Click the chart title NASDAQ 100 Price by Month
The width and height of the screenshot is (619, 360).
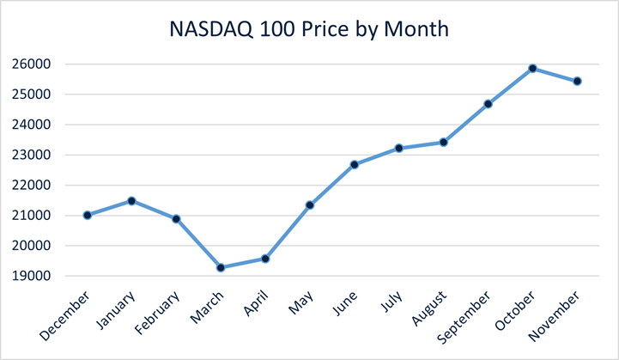309,29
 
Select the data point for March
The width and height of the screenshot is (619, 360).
221,268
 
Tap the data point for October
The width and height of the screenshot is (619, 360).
533,68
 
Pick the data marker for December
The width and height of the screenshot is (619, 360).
87,215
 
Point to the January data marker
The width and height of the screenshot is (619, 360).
131,201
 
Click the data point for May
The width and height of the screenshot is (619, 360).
310,205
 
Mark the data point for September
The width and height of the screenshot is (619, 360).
489,104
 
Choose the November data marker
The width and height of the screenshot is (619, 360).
578,82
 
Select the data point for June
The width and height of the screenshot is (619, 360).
355,164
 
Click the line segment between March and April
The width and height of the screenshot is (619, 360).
243,263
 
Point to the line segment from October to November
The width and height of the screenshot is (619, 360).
555,75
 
